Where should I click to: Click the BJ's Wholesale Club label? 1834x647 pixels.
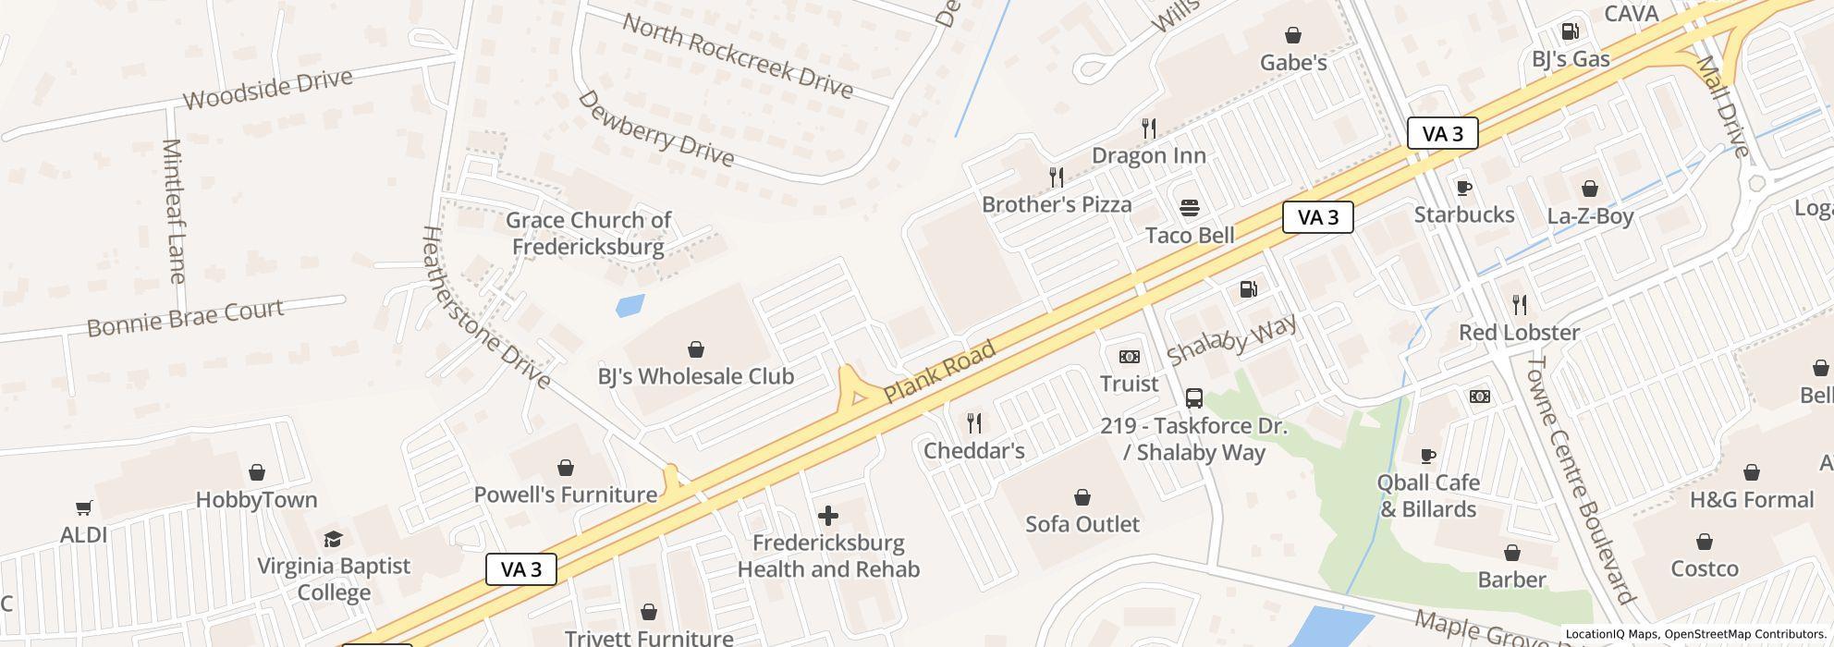point(695,376)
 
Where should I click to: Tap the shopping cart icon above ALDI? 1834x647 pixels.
point(84,507)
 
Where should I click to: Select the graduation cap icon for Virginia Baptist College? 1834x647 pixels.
point(333,539)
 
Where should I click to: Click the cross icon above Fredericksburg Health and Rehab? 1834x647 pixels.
point(828,516)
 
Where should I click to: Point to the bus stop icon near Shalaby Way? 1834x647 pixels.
point(1193,398)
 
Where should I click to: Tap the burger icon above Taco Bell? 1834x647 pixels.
point(1189,208)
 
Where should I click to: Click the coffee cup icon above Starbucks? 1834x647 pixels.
point(1464,188)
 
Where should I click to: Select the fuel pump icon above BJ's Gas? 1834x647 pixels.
point(1570,31)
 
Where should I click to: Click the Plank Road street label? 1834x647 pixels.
point(939,372)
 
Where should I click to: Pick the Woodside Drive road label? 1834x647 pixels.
point(268,90)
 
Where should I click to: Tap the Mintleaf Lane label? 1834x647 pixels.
point(173,211)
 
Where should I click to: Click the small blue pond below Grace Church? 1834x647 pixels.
point(630,305)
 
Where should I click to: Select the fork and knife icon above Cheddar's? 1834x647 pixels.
point(974,423)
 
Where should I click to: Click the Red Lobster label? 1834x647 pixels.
point(1519,332)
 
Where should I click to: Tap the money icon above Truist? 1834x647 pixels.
point(1129,357)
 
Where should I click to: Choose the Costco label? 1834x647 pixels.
point(1704,568)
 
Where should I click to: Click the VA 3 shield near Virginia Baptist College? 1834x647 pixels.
point(521,569)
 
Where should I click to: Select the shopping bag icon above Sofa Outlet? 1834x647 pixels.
point(1082,497)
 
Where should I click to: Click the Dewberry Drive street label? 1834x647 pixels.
point(655,129)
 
